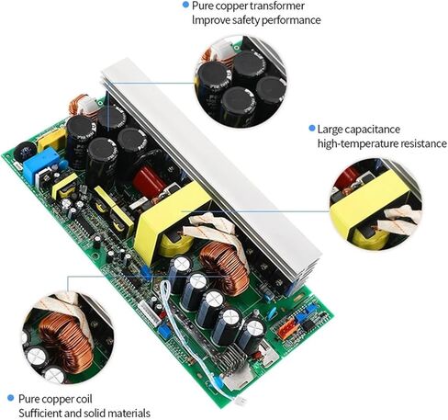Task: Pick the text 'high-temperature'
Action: point(359,143)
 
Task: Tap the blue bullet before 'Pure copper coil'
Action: point(10,397)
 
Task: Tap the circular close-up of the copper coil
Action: point(68,334)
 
